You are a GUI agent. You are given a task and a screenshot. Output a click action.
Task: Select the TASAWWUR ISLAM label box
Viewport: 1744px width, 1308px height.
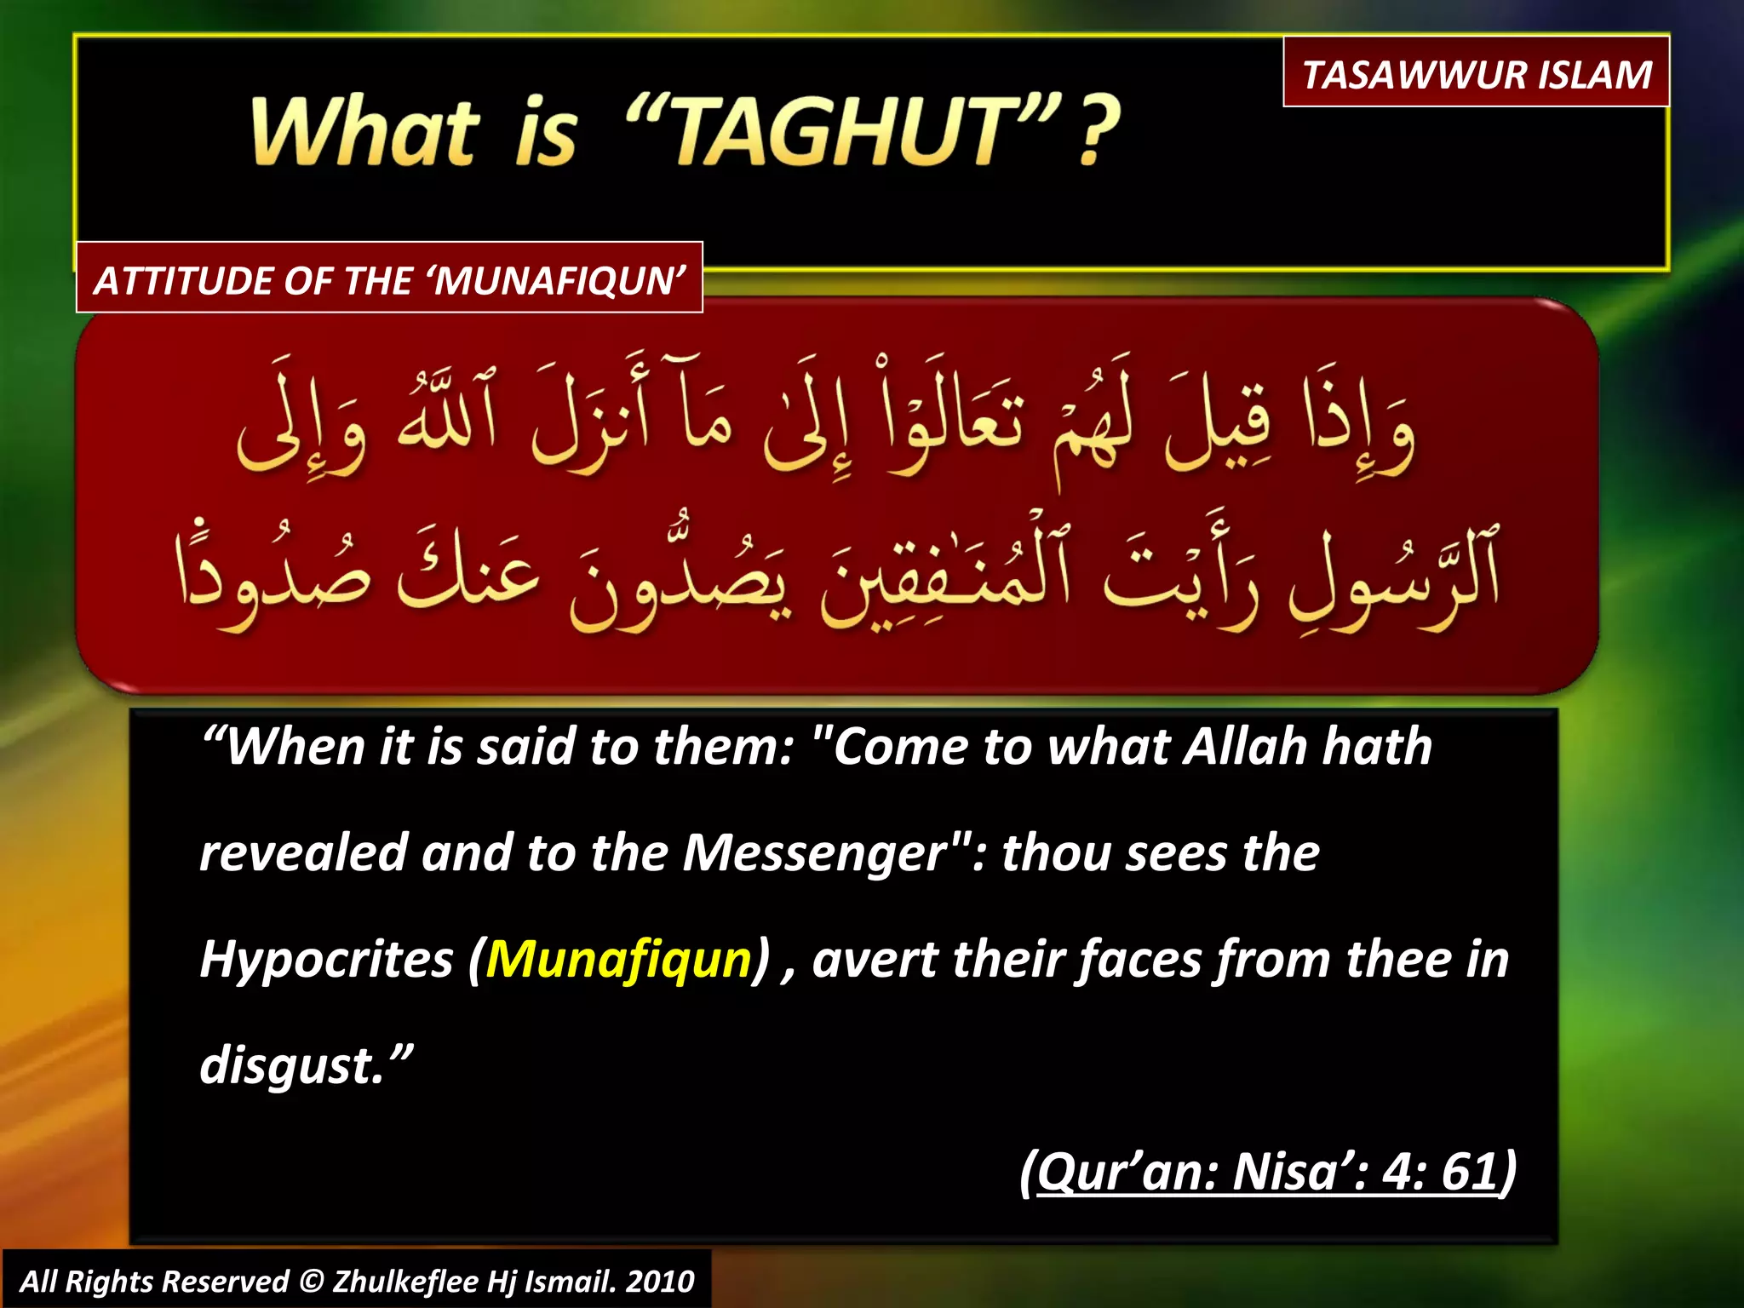click(x=1476, y=74)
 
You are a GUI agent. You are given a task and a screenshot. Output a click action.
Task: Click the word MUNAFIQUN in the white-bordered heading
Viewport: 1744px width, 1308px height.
click(x=558, y=281)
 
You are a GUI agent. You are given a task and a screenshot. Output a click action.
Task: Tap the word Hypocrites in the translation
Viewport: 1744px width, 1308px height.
click(x=326, y=960)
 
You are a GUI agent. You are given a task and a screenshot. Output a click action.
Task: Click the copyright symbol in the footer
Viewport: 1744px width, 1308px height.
click(x=312, y=1282)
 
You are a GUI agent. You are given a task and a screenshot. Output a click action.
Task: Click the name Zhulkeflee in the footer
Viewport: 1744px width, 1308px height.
click(x=404, y=1282)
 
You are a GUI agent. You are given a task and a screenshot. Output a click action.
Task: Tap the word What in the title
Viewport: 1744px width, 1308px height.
click(x=364, y=132)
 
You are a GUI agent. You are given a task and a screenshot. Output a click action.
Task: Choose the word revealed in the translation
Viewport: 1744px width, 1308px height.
click(x=303, y=853)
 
